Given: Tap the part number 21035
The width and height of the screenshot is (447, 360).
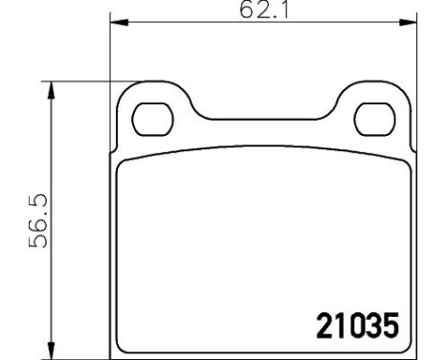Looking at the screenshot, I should click(x=355, y=327).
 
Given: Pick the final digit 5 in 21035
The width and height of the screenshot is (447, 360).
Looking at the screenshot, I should click(x=387, y=327).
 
